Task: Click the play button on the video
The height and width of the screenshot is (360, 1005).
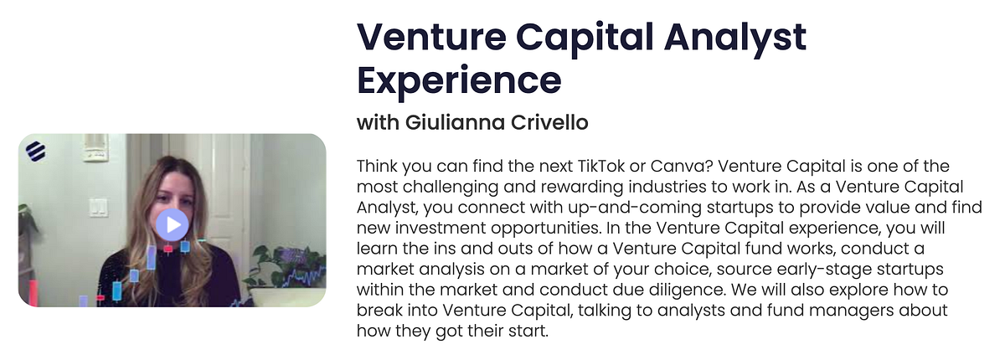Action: click(172, 224)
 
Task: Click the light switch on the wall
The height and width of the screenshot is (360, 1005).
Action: click(99, 206)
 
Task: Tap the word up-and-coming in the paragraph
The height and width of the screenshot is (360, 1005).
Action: click(618, 207)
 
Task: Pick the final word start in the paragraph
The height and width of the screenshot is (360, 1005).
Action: click(529, 332)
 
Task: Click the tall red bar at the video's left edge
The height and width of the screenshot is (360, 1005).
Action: click(34, 293)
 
